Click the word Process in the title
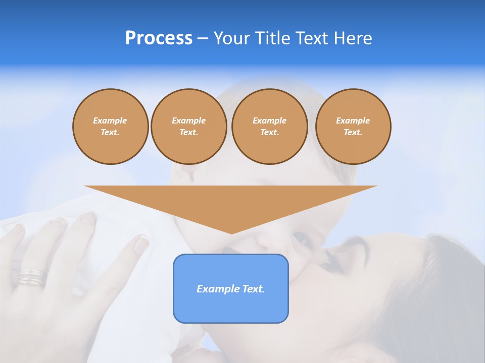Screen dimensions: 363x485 coord(159,38)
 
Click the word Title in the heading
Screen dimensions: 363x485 coord(272,38)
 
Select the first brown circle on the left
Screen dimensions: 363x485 coord(110,127)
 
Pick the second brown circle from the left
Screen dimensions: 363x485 coord(188,127)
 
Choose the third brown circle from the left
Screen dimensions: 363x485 coord(269,127)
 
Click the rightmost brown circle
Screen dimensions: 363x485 coord(353,127)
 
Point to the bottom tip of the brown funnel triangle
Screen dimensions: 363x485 coord(231,233)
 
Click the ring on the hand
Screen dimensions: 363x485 coord(31,277)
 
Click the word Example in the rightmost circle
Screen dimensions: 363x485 coord(353,120)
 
